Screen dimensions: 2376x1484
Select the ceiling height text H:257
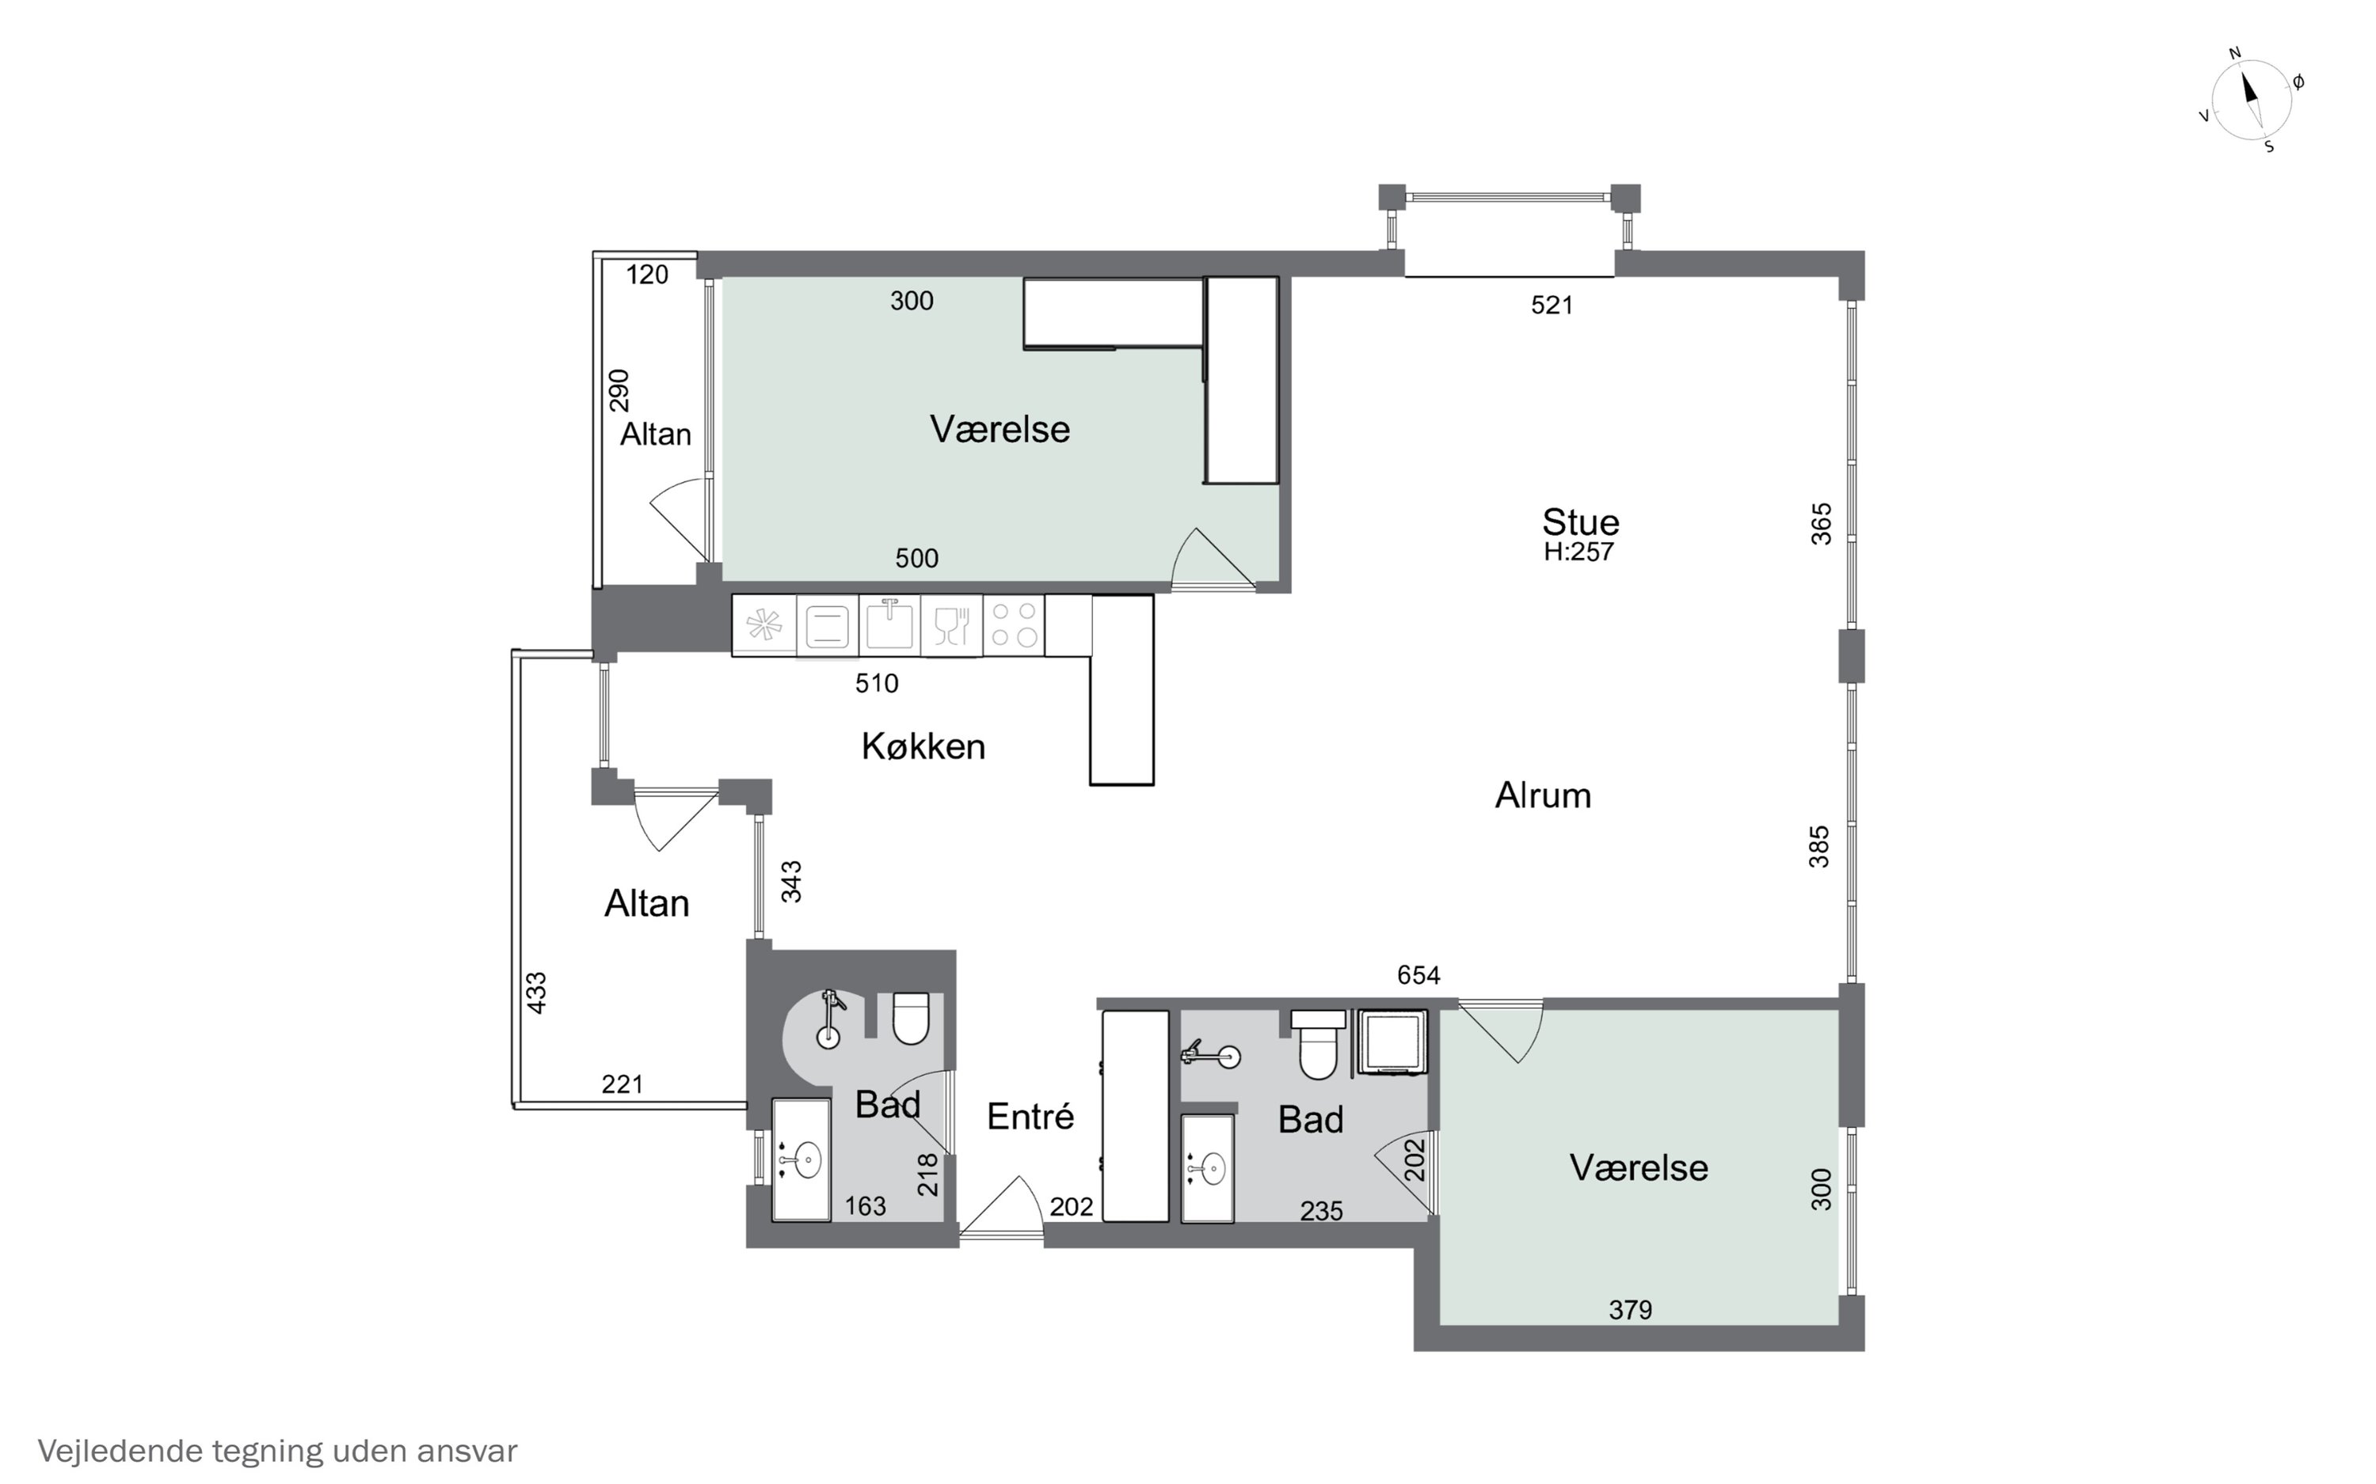pos(1578,552)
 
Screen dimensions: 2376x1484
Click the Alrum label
pos(1543,795)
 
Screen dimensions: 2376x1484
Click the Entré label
pos(1030,1116)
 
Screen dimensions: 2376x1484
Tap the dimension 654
pos(1418,974)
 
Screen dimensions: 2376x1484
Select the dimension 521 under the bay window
pos(1552,306)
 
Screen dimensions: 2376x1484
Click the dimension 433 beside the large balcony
pos(537,992)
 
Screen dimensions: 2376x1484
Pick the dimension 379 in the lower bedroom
pos(1631,1309)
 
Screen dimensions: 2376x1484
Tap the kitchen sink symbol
pos(889,625)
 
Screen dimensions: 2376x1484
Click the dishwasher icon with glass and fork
pos(951,625)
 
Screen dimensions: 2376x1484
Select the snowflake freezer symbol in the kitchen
pos(763,625)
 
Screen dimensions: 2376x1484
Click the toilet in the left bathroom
pos(911,1018)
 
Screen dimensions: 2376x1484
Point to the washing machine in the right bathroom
pos(1392,1042)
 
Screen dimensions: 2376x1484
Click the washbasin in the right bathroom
pos(1208,1168)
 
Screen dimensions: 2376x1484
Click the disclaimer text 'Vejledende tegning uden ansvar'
pos(277,1451)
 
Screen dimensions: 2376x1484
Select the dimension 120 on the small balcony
pos(647,275)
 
